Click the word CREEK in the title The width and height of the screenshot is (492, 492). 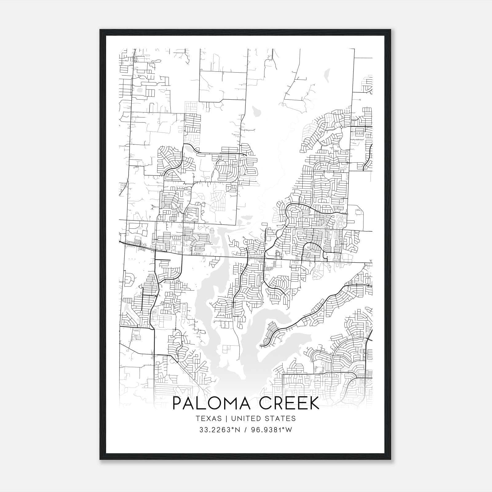[290, 403]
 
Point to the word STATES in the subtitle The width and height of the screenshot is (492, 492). [282, 419]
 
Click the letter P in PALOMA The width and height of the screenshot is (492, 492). [177, 403]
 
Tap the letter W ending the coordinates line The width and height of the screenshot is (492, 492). [288, 430]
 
